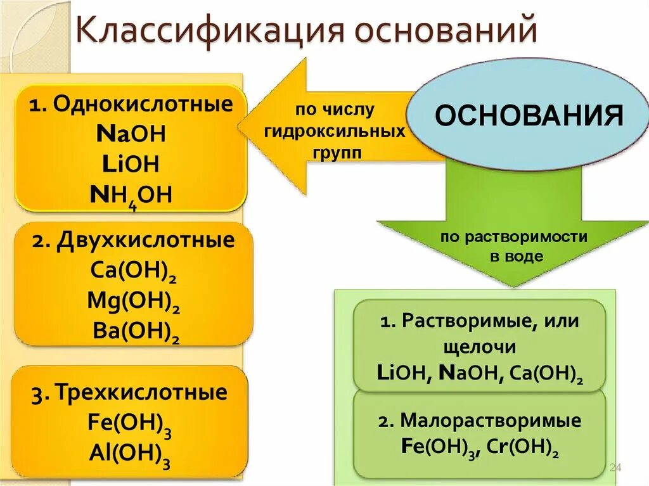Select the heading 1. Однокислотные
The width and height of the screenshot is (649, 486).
pyautogui.click(x=130, y=105)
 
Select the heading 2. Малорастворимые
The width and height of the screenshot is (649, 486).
pyautogui.click(x=481, y=420)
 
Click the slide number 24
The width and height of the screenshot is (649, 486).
pyautogui.click(x=615, y=468)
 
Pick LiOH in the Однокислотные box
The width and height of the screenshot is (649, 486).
pyautogui.click(x=130, y=165)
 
